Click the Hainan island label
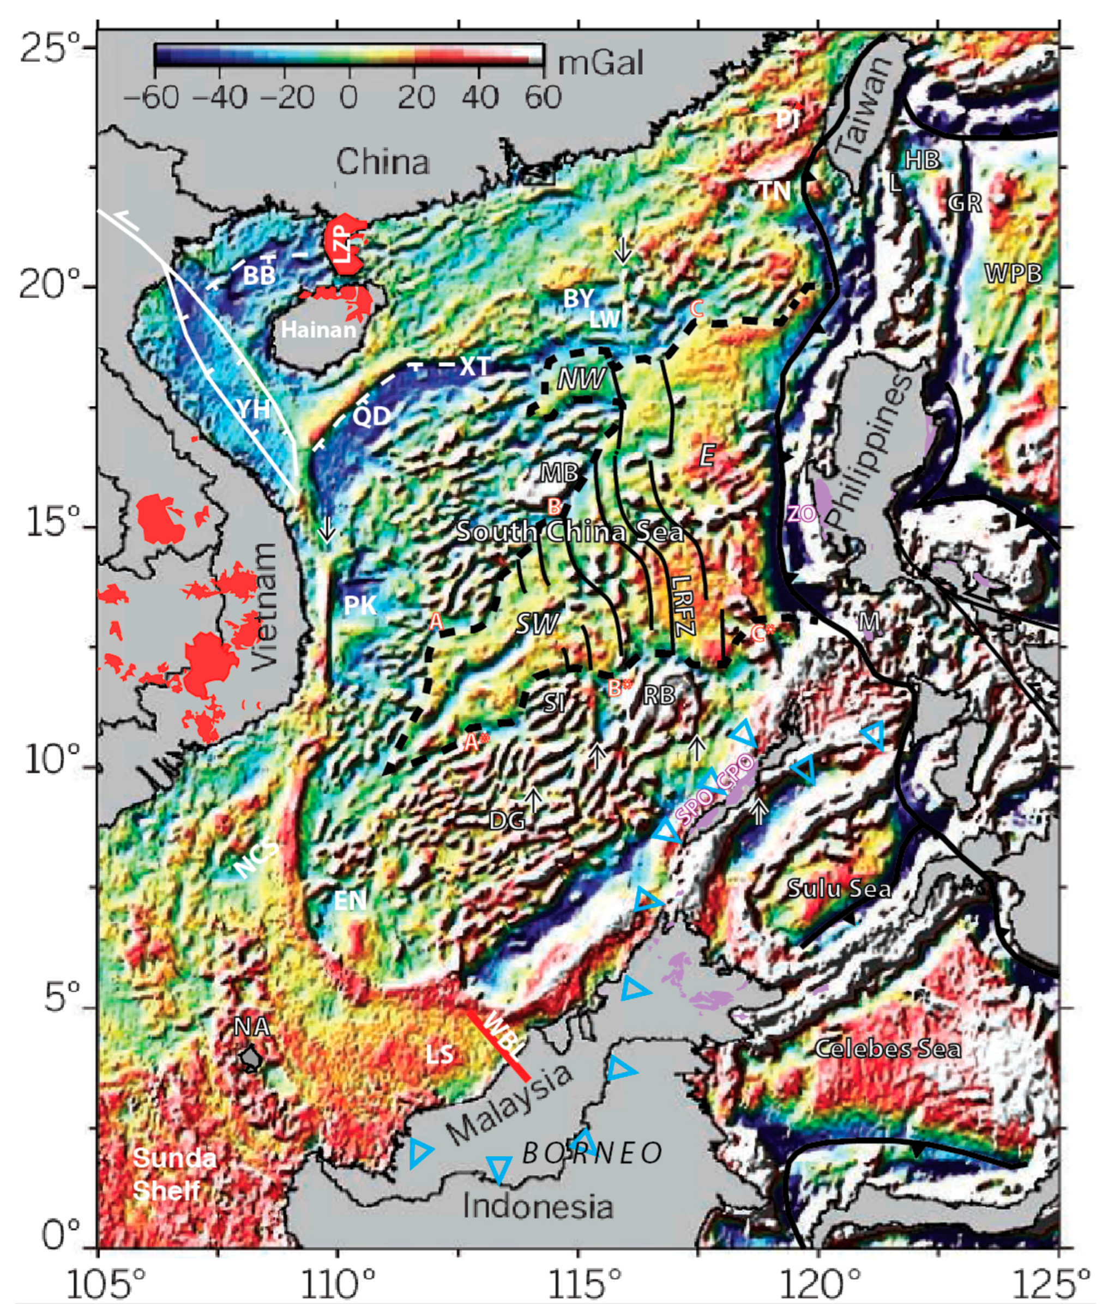click(x=318, y=329)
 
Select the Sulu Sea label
click(x=839, y=888)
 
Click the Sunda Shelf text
click(x=174, y=1174)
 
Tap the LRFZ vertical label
click(x=684, y=605)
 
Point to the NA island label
click(x=252, y=1026)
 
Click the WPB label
click(x=1013, y=273)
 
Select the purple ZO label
click(x=802, y=514)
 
